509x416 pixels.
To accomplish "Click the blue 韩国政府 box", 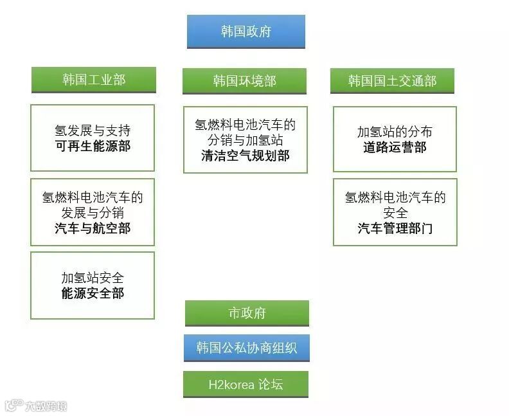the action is pyautogui.click(x=246, y=32).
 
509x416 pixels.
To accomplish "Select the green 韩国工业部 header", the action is pyautogui.click(x=94, y=80).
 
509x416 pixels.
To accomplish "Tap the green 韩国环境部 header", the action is pyautogui.click(x=244, y=81).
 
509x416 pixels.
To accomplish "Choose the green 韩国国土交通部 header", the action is pyautogui.click(x=392, y=81).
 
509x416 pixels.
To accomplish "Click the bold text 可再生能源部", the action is pyautogui.click(x=93, y=147).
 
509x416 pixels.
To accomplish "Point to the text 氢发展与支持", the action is pyautogui.click(x=93, y=131).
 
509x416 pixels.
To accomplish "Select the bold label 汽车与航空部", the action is pyautogui.click(x=93, y=228).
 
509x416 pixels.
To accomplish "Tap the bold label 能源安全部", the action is pyautogui.click(x=93, y=294).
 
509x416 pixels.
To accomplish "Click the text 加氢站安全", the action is pyautogui.click(x=93, y=278).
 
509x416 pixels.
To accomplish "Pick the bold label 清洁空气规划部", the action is pyautogui.click(x=246, y=156).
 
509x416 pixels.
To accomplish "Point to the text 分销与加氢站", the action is pyautogui.click(x=246, y=140).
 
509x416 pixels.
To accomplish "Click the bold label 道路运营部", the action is pyautogui.click(x=395, y=148).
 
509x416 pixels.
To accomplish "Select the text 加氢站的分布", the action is pyautogui.click(x=395, y=132).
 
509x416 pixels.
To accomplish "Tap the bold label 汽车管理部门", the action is pyautogui.click(x=395, y=228).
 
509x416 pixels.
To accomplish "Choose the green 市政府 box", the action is pyautogui.click(x=247, y=313).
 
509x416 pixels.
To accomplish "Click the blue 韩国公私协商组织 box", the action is pyautogui.click(x=247, y=348).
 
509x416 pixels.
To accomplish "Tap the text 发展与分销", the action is pyautogui.click(x=93, y=213).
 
